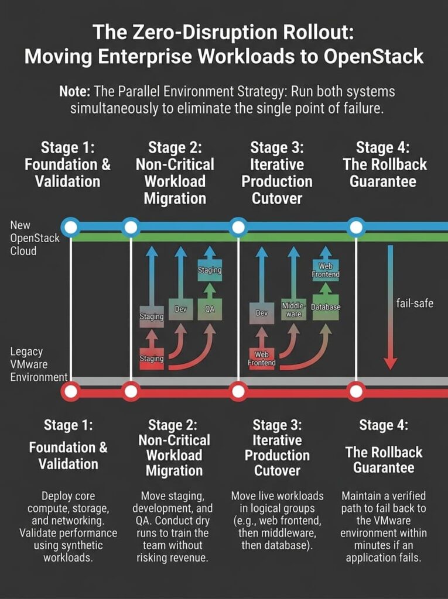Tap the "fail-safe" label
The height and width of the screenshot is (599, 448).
pyautogui.click(x=415, y=304)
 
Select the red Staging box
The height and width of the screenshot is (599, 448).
pyautogui.click(x=151, y=358)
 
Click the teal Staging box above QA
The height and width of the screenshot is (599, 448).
pyautogui.click(x=209, y=270)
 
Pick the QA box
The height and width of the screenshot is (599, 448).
pyautogui.click(x=209, y=309)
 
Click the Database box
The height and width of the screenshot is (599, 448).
pyautogui.click(x=326, y=307)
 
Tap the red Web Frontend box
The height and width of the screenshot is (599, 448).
pyautogui.click(x=262, y=358)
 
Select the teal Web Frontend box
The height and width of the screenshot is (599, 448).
pyautogui.click(x=325, y=270)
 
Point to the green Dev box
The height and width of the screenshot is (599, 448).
pyautogui.click(x=180, y=309)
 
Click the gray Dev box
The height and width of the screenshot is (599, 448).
pyautogui.click(x=262, y=313)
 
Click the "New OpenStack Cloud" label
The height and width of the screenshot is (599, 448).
pyautogui.click(x=35, y=238)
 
